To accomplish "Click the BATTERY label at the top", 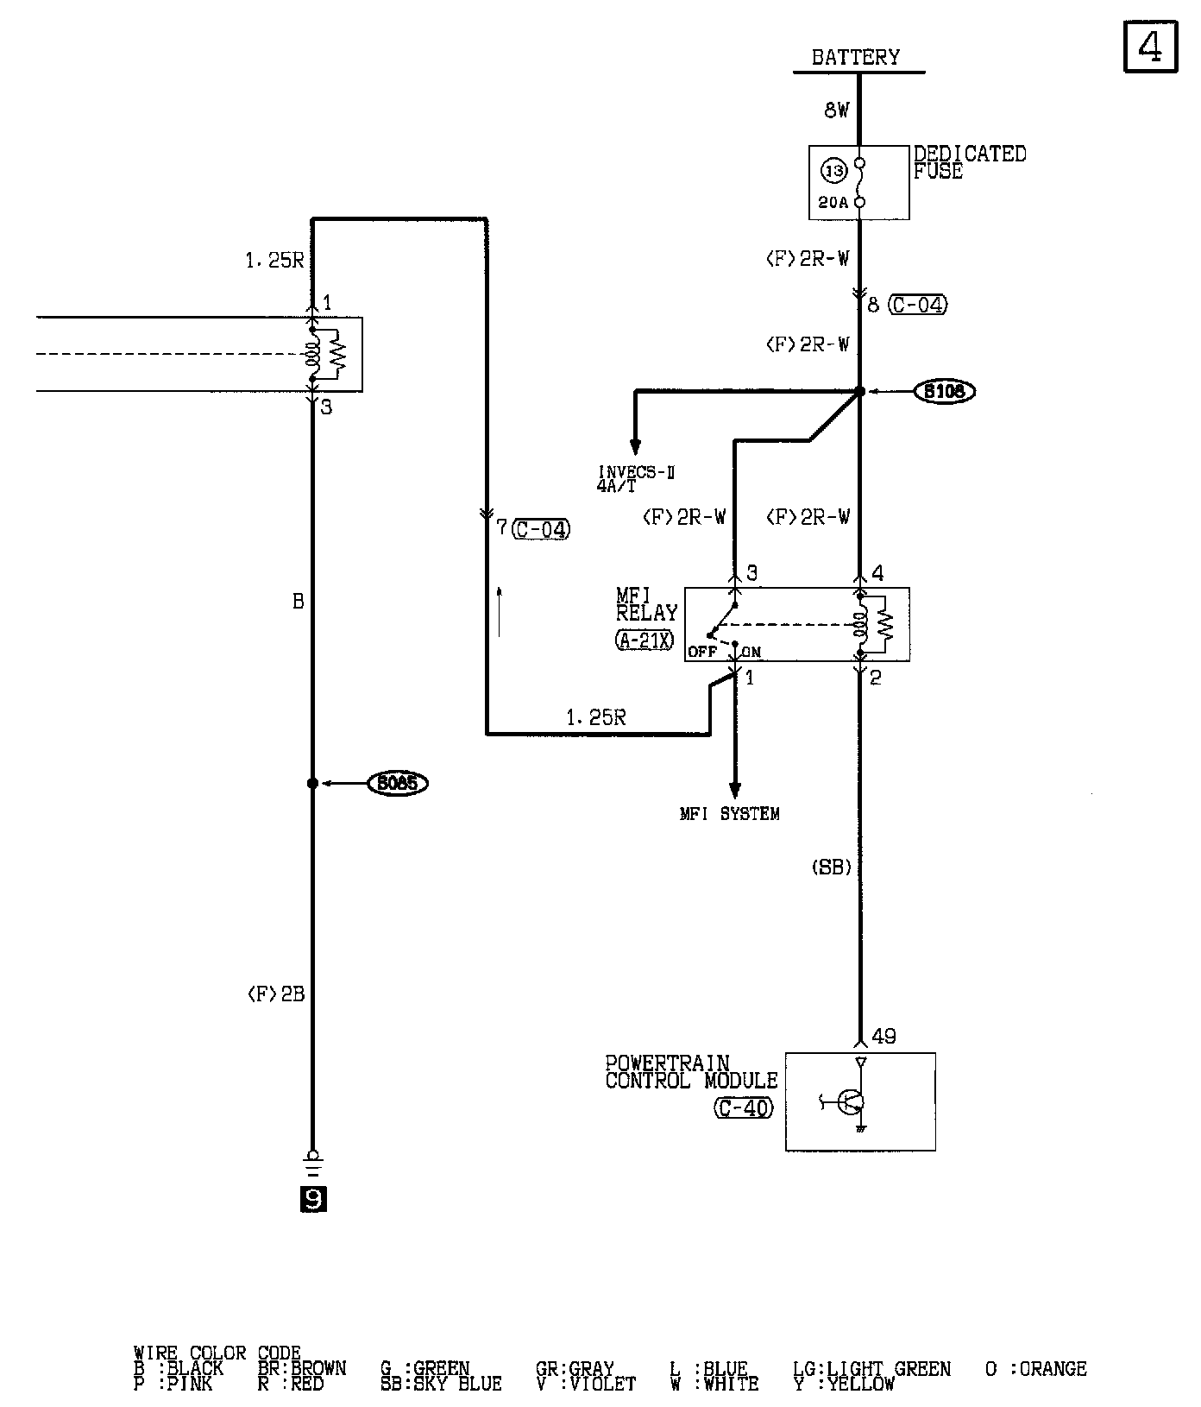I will pyautogui.click(x=855, y=58).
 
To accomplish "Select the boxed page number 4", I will pyautogui.click(x=1151, y=47).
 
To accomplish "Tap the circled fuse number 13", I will pyautogui.click(x=834, y=171).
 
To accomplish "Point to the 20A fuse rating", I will pyautogui.click(x=833, y=204).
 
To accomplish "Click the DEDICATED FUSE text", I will pyautogui.click(x=969, y=162).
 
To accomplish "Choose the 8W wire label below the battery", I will pyautogui.click(x=837, y=110).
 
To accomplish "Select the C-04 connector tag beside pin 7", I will pyautogui.click(x=541, y=529).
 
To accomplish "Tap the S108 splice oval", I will pyautogui.click(x=945, y=392).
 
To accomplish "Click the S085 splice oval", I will pyautogui.click(x=398, y=784).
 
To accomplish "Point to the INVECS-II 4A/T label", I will pyautogui.click(x=636, y=479).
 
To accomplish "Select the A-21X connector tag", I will pyautogui.click(x=645, y=640).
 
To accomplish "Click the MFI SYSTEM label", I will pyautogui.click(x=729, y=814).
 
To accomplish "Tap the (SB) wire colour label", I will pyautogui.click(x=832, y=868).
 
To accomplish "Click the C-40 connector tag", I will pyautogui.click(x=744, y=1107).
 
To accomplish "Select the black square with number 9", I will pyautogui.click(x=313, y=1200).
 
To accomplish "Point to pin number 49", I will pyautogui.click(x=884, y=1037).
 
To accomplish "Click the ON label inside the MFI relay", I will pyautogui.click(x=751, y=653).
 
